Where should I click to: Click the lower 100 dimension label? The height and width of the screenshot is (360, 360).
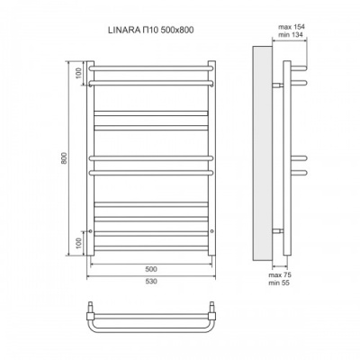pyautogui.click(x=78, y=243)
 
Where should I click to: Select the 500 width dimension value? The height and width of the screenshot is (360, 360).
pyautogui.click(x=151, y=268)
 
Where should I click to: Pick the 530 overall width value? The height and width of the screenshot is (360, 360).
pyautogui.click(x=151, y=280)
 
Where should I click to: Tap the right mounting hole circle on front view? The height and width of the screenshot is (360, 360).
pyautogui.click(x=211, y=230)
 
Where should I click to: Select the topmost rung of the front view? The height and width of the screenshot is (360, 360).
pyautogui.click(x=151, y=67)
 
